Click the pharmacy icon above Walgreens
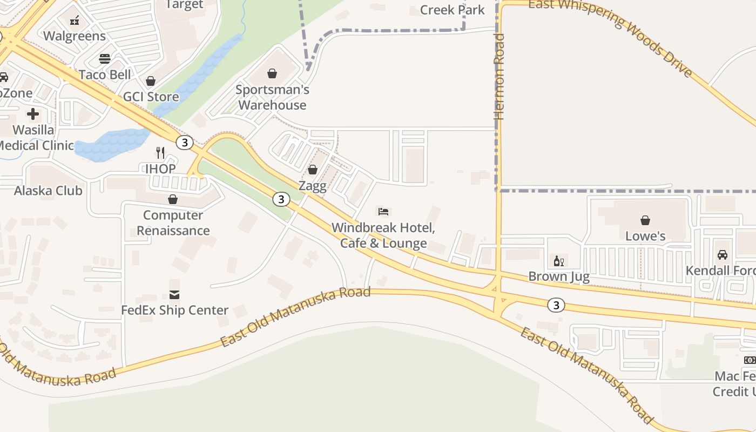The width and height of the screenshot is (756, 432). [75, 20]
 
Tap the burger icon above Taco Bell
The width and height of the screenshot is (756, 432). [105, 58]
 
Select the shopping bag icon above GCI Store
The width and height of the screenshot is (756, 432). [151, 81]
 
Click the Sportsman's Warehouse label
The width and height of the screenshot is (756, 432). [272, 97]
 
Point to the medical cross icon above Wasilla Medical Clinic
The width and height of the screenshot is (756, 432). [33, 114]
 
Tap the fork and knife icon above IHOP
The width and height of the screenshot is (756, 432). [160, 153]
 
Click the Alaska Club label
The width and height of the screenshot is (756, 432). [48, 191]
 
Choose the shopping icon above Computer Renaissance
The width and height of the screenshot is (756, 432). [173, 199]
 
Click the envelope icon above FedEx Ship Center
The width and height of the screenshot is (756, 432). [174, 294]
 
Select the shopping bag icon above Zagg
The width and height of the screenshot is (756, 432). [312, 170]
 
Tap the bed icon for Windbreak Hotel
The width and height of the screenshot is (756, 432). [383, 211]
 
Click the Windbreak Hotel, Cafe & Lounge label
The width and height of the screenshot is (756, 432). [383, 235]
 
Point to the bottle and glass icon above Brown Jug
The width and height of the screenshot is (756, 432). [558, 261]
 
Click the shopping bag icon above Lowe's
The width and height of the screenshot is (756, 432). [645, 220]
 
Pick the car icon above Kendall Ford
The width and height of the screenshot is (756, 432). [722, 254]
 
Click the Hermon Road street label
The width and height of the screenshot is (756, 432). [500, 77]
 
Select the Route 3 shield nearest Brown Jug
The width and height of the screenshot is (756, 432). [556, 305]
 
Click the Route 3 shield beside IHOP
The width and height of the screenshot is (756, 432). [185, 143]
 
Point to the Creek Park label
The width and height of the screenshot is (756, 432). [452, 10]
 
